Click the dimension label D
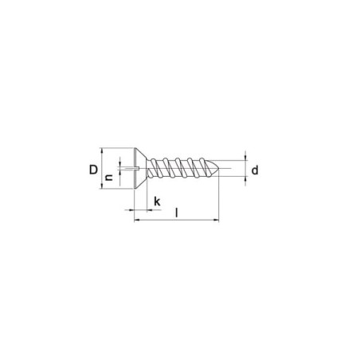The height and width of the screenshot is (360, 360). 93,170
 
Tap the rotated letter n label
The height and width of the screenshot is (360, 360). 109,178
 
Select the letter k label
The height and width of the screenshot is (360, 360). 157,202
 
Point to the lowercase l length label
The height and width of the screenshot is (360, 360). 177,213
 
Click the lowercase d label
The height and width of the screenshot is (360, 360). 255,170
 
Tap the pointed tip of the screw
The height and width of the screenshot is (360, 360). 219,168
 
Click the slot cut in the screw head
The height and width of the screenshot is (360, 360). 132,168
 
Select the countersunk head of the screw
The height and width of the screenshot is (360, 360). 140,168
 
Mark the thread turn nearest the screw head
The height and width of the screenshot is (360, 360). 154,168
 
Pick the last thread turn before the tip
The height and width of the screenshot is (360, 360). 204,168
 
